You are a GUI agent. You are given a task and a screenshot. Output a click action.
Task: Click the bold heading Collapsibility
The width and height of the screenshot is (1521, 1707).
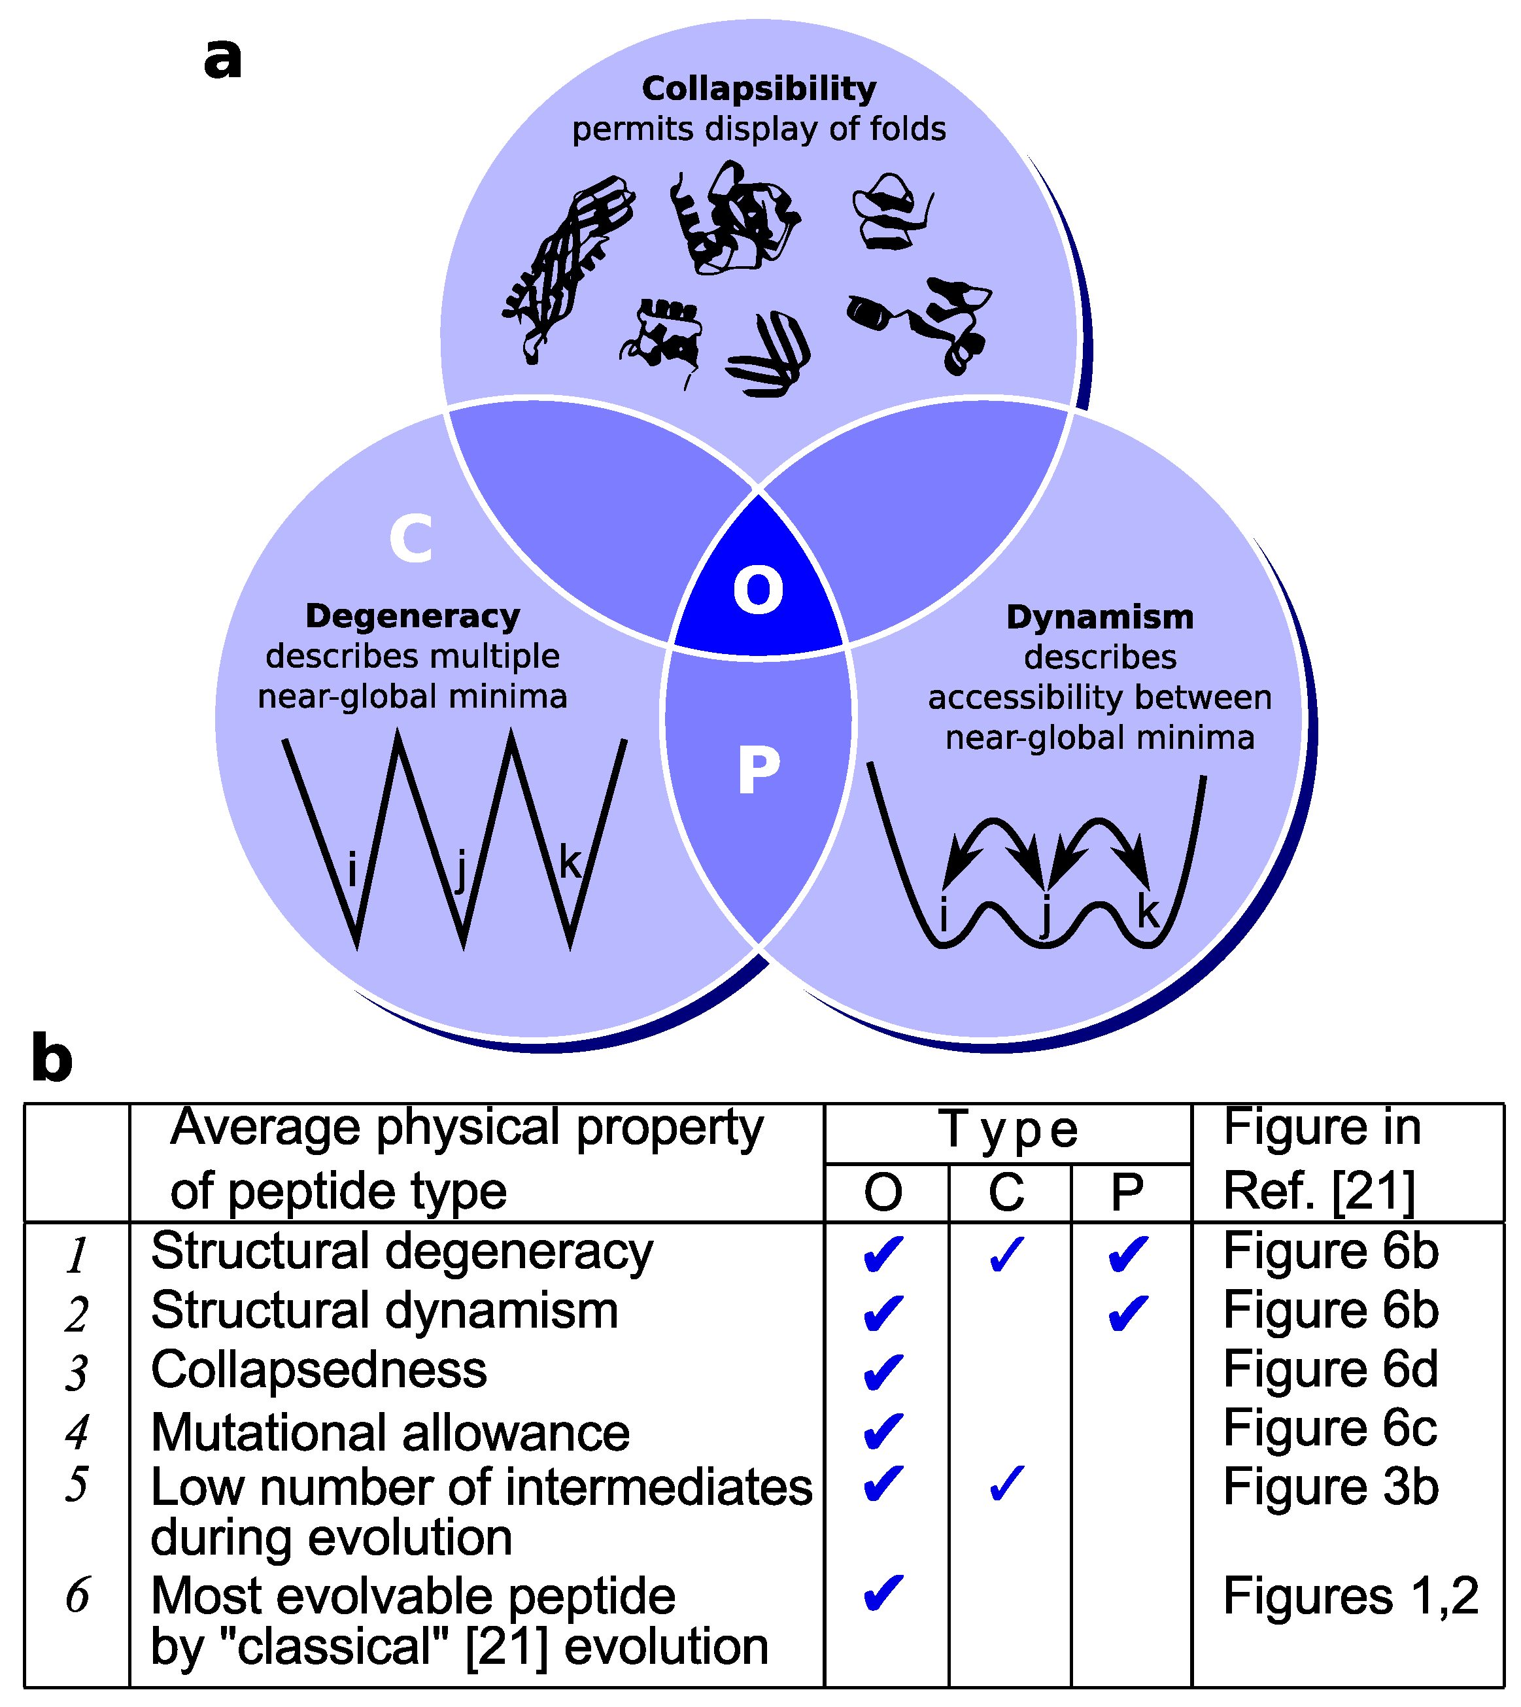pos(759,88)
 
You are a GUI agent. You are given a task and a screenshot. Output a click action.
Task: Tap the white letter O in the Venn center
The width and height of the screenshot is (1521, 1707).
pos(758,590)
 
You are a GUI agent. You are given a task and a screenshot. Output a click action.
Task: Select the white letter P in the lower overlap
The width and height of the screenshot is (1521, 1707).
pos(759,770)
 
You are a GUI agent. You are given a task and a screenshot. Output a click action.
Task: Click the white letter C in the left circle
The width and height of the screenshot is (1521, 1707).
pos(411,538)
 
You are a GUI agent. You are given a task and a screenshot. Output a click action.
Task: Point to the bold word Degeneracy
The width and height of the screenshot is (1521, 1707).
pos(413,616)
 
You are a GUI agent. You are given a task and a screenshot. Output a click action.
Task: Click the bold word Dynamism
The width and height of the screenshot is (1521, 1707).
pos(1100,617)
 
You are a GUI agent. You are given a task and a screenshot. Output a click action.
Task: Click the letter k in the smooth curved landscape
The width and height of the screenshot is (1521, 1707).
pos(1148,911)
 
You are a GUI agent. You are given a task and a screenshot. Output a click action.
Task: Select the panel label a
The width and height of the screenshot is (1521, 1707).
pos(222,58)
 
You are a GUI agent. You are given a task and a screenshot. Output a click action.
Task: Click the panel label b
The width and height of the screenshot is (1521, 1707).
pos(52,1058)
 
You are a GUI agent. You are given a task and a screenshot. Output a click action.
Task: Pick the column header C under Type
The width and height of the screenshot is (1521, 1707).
pos(1006,1192)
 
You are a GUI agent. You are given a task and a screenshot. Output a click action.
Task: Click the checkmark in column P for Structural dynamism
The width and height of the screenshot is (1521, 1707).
pos(1128,1313)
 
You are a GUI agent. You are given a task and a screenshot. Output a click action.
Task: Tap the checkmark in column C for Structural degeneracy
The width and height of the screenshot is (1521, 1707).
pos(1006,1254)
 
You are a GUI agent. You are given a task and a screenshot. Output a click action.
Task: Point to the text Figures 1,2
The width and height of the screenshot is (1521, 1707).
pos(1350,1595)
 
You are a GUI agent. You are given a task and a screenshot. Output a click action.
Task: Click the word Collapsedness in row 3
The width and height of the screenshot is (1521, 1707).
pos(318,1370)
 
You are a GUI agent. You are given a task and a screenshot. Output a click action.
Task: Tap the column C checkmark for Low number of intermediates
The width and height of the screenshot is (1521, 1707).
pos(1006,1484)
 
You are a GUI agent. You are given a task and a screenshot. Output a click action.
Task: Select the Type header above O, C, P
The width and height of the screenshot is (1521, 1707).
pos(1007,1130)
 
